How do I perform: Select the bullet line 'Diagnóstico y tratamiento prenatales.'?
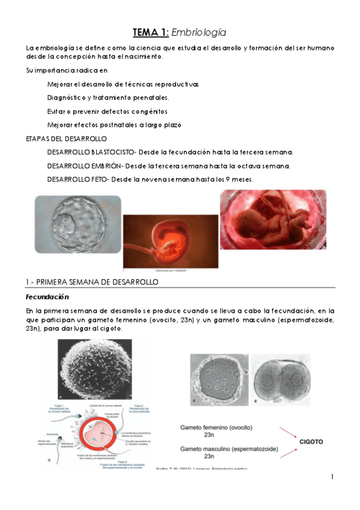click(108, 97)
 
